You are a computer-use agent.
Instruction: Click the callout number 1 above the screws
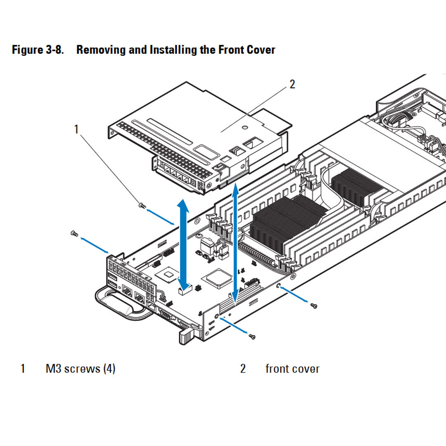click(x=76, y=129)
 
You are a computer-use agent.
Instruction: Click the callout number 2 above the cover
click(x=292, y=84)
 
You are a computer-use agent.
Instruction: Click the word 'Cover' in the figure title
click(x=261, y=50)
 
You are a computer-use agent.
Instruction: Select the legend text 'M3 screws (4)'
click(x=80, y=368)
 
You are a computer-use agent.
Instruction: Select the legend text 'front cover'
click(x=292, y=368)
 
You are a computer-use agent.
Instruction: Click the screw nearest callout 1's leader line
click(x=142, y=205)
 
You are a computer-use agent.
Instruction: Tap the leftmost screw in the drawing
click(x=74, y=234)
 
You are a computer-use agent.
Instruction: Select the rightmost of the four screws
click(x=314, y=305)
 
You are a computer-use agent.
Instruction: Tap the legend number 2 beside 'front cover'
click(x=243, y=368)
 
